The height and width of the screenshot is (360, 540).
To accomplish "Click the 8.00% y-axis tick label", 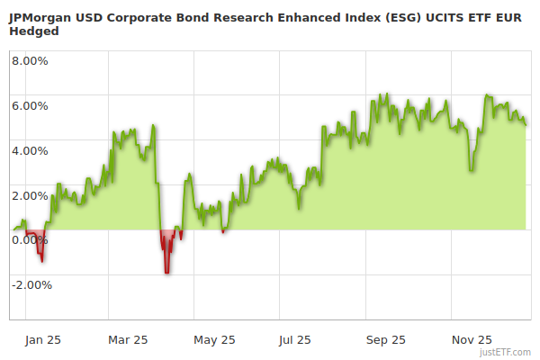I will (29, 61).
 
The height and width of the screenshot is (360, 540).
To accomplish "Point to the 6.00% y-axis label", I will (29, 105).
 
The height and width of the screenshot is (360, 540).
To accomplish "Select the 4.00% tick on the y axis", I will (29, 150).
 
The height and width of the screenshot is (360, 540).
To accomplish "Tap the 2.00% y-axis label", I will (29, 195).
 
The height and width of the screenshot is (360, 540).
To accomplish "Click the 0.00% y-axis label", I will (29, 239).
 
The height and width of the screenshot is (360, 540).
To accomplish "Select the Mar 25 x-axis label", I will (127, 339).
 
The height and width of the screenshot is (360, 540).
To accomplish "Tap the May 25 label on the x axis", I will (214, 339).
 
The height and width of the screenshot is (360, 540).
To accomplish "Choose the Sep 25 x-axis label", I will (385, 339).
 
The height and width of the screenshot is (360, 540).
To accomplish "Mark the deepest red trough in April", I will (166, 271).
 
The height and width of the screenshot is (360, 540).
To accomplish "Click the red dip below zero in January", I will (41, 259).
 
